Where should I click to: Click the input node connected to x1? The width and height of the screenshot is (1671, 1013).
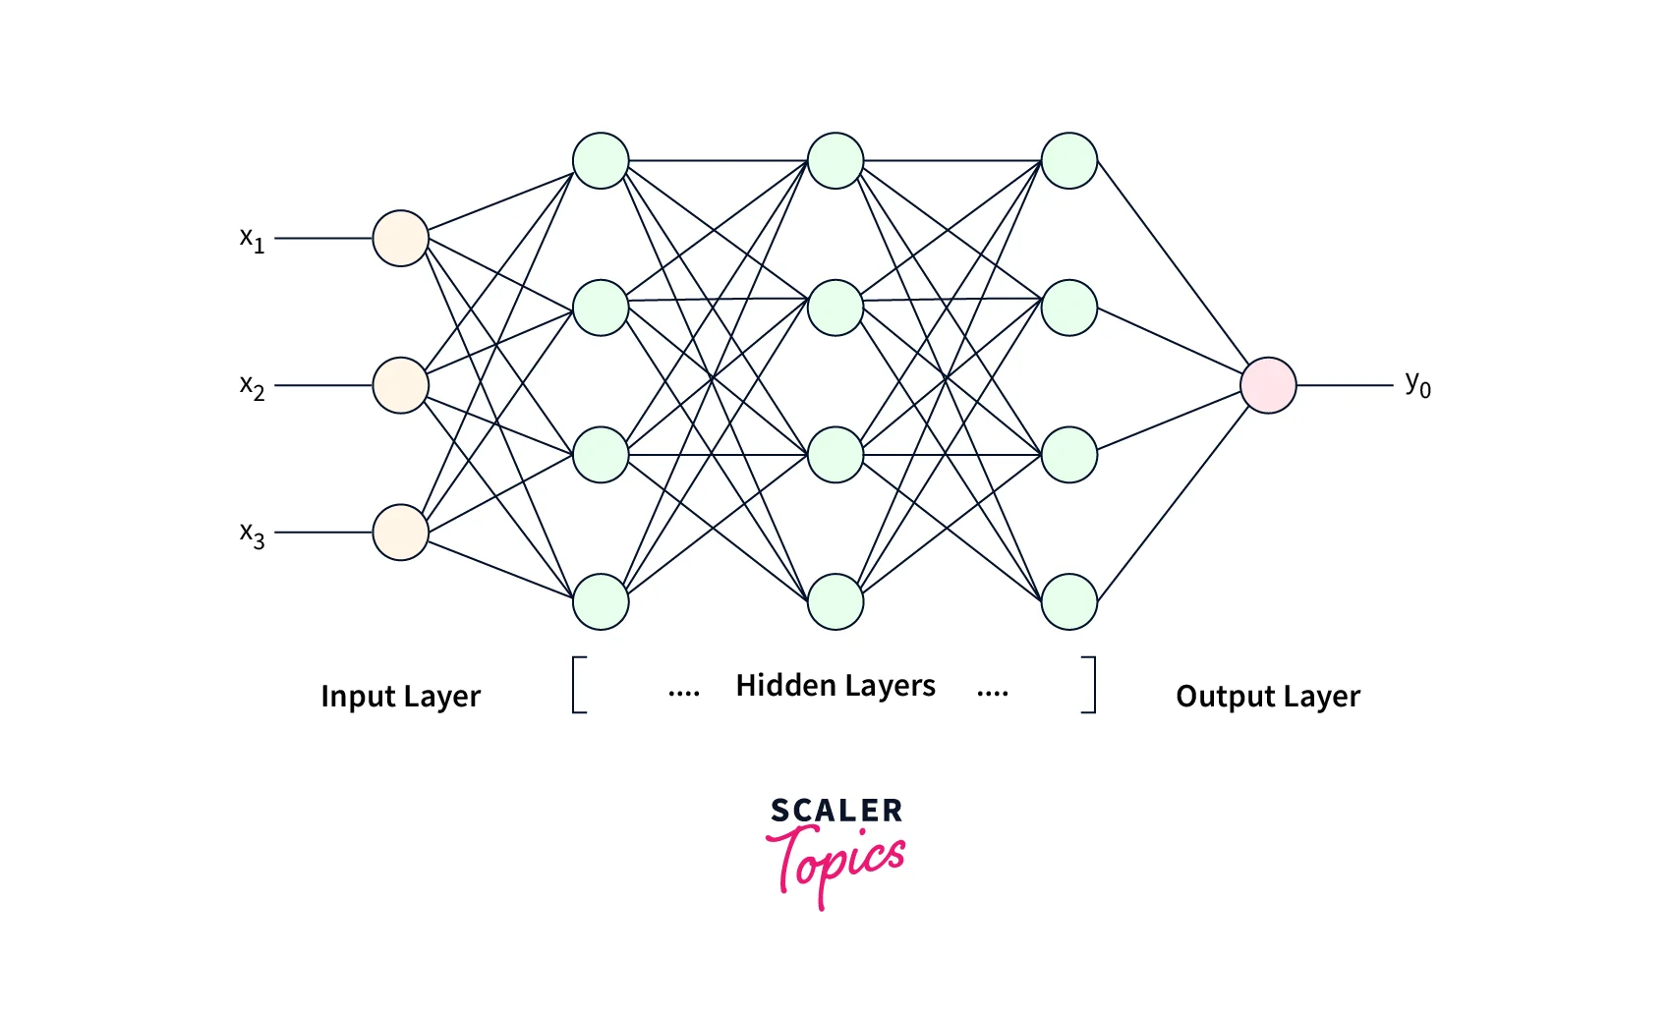pos(400,238)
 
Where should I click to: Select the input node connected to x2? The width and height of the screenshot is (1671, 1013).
pos(400,385)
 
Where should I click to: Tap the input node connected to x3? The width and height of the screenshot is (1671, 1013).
pos(400,533)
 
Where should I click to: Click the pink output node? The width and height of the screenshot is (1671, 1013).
pos(1268,385)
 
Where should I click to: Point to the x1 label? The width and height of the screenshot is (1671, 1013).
pos(252,239)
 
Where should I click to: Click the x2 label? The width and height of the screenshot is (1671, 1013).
pos(252,386)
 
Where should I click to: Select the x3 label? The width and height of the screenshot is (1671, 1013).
pos(252,535)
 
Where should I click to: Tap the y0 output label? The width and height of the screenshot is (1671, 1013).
pos(1417,383)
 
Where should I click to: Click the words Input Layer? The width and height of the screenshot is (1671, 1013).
pos(400,697)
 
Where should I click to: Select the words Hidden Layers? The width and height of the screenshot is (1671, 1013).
pos(835,686)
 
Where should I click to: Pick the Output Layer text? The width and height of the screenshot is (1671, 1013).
pos(1268,697)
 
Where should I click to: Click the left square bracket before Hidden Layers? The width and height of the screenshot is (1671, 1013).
pos(579,685)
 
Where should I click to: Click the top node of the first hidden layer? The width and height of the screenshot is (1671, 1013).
pos(601,161)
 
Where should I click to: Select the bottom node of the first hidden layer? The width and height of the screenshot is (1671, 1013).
pos(601,601)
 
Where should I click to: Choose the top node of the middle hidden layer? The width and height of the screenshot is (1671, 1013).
pos(835,161)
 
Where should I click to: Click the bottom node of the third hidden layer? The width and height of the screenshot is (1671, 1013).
pos(1069,601)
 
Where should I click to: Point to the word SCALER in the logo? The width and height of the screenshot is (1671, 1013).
pos(836,811)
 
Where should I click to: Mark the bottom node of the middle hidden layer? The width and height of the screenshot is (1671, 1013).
pos(835,601)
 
